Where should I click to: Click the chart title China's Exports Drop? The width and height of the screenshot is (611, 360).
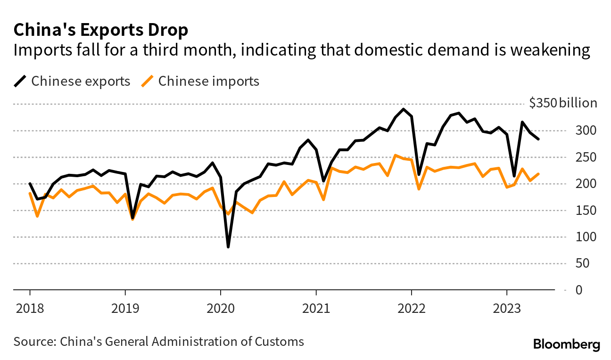click(x=101, y=30)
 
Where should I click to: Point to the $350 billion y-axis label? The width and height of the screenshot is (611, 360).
click(x=562, y=104)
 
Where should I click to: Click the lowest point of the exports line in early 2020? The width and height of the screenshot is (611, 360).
click(x=228, y=246)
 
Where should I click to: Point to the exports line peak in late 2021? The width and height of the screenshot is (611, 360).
click(x=403, y=109)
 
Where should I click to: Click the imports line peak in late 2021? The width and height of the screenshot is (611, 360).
click(x=395, y=155)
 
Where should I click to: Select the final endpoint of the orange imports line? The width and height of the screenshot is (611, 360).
click(x=538, y=174)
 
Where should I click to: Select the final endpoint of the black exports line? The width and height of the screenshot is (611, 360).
click(x=538, y=139)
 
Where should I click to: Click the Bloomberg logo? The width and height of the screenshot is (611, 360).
click(x=566, y=344)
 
